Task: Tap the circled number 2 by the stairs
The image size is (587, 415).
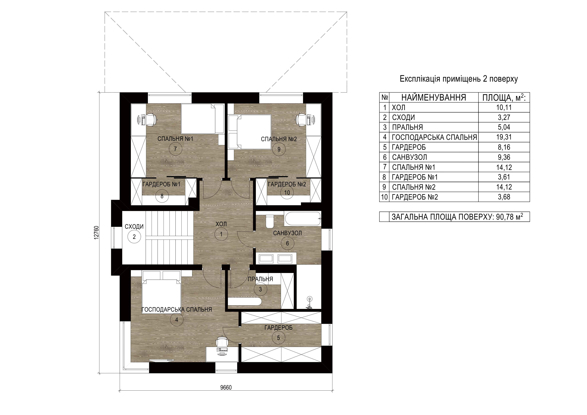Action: pos(134,237)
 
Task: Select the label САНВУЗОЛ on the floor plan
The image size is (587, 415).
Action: pos(287,233)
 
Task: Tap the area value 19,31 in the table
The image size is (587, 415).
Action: pos(504,137)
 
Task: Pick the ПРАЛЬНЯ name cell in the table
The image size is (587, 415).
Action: pos(407,127)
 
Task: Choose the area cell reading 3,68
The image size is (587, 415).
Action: pos(504,197)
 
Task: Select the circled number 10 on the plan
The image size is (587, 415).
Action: pos(287,192)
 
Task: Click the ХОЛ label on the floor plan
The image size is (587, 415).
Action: pos(221,224)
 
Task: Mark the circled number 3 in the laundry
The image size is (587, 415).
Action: pos(261,289)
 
